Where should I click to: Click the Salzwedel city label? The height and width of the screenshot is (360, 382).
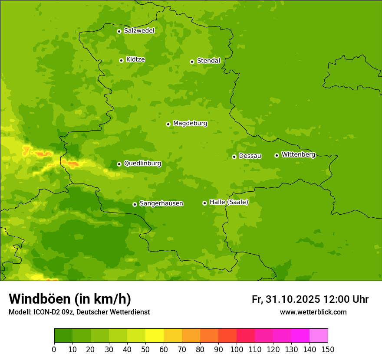(x=139, y=31)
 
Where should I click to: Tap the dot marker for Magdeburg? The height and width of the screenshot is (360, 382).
(x=168, y=124)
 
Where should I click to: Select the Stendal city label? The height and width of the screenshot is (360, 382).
(x=208, y=61)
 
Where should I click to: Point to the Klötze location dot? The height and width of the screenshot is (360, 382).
(x=121, y=60)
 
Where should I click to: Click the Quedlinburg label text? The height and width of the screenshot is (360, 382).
(x=142, y=164)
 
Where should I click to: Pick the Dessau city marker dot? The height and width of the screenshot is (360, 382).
(x=234, y=157)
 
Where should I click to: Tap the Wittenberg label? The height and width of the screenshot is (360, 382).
(x=298, y=154)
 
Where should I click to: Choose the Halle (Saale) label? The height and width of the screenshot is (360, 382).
(x=229, y=202)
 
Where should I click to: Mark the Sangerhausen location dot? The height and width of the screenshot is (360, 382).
(x=135, y=204)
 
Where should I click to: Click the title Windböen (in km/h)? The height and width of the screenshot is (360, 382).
(x=70, y=299)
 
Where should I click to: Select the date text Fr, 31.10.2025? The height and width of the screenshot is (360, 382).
(x=286, y=299)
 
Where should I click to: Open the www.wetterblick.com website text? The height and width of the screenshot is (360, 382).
(x=313, y=312)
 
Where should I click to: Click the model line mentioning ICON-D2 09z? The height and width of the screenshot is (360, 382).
(x=79, y=312)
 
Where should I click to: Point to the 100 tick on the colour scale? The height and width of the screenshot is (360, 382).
(x=237, y=349)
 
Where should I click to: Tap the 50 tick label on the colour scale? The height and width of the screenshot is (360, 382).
(x=145, y=349)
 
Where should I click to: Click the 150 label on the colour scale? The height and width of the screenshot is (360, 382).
(x=328, y=349)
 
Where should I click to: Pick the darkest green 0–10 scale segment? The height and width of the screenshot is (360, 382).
(x=63, y=336)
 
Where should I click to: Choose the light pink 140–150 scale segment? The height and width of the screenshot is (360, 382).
(x=319, y=336)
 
